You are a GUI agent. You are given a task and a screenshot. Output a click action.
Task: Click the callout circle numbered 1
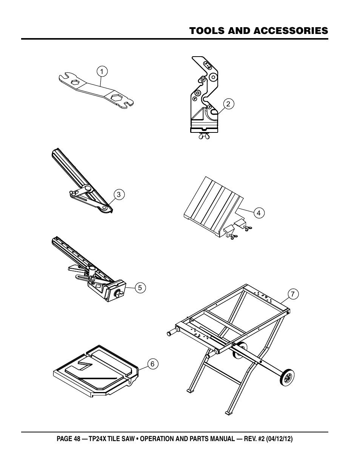102,71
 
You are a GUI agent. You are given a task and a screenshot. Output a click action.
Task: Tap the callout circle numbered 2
229,104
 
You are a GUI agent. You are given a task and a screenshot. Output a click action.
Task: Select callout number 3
119,195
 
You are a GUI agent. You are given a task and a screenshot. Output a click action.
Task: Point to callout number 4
259,213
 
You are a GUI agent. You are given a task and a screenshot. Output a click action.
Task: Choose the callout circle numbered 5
140,288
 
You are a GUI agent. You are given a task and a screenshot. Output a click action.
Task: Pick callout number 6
153,364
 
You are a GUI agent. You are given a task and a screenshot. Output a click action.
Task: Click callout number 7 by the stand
293,294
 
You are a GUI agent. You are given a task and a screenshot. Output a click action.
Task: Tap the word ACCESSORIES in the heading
291,31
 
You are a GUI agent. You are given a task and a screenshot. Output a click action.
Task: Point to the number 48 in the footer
77,439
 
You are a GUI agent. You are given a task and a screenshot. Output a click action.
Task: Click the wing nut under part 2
204,136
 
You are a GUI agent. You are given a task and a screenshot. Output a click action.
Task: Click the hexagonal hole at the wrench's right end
117,98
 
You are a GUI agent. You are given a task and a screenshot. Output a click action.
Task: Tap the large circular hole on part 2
214,77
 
